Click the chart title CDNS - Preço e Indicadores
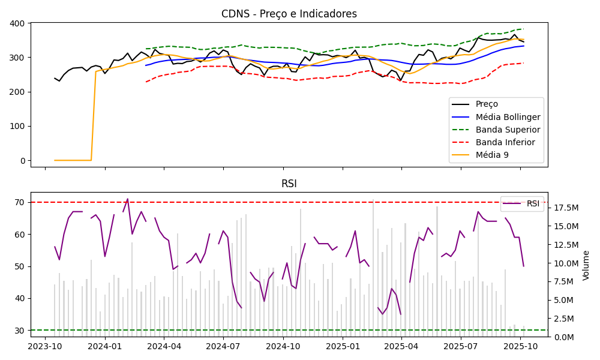[x=289, y=14]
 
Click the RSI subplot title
[x=289, y=184]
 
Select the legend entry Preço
[x=486, y=104]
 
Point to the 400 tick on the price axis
[x=17, y=23]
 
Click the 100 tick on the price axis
[x=17, y=126]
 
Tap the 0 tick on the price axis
[x=22, y=161]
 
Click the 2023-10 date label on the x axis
[x=45, y=346]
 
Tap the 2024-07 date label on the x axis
[x=223, y=346]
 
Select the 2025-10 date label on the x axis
[x=520, y=346]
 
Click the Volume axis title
[x=586, y=265]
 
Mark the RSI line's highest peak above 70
[x=127, y=199]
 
